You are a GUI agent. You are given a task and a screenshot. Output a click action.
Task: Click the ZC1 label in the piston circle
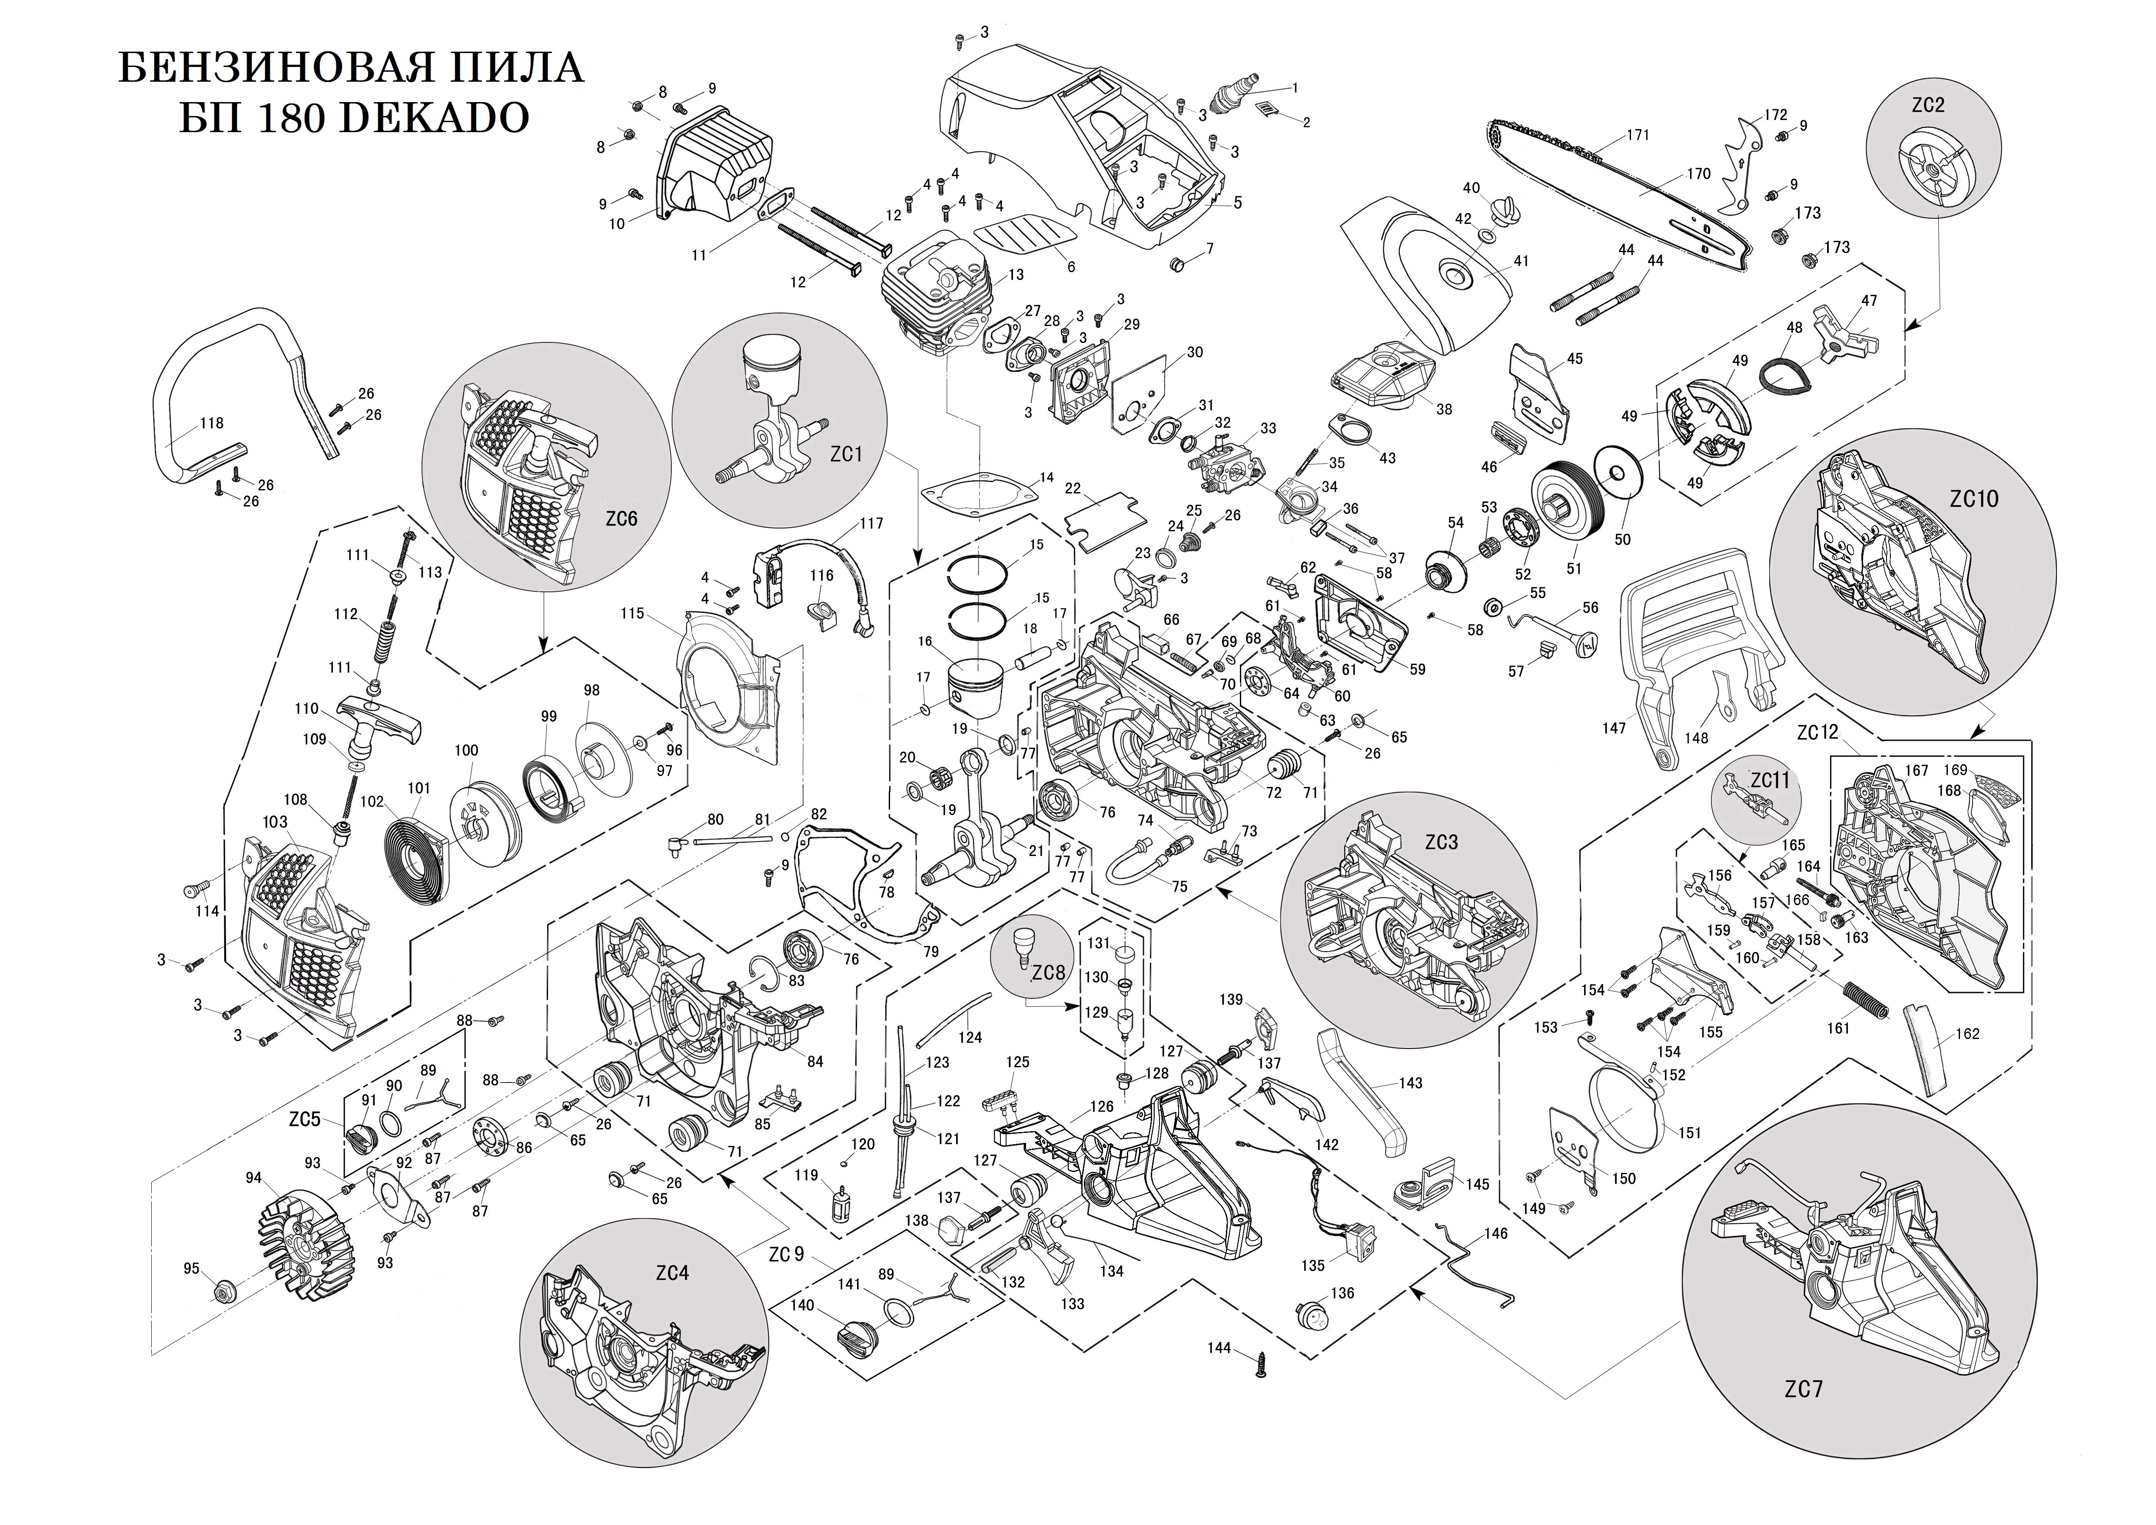click(x=846, y=454)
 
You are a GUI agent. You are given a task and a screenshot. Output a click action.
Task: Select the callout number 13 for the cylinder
click(x=1016, y=275)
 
